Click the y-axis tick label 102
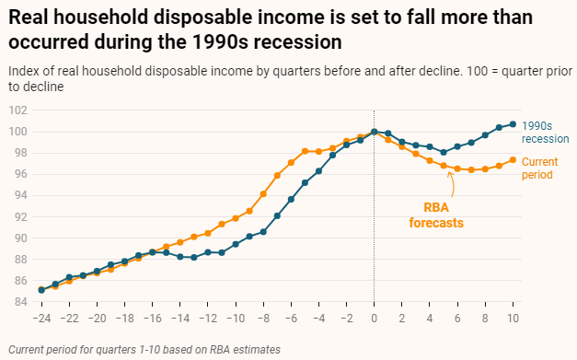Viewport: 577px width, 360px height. pyautogui.click(x=15, y=110)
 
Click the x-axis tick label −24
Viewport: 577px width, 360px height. pyautogui.click(x=40, y=318)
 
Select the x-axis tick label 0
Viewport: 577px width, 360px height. pyautogui.click(x=374, y=318)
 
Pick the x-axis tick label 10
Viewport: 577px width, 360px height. pyautogui.click(x=513, y=318)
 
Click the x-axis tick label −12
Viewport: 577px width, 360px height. pyautogui.click(x=207, y=318)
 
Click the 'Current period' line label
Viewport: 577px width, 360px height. pyautogui.click(x=539, y=168)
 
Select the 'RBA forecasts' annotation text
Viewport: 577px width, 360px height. pyautogui.click(x=435, y=215)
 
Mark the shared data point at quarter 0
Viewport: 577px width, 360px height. pyautogui.click(x=374, y=132)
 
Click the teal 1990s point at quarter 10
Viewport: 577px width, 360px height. pyautogui.click(x=513, y=124)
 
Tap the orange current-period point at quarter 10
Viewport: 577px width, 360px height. pyautogui.click(x=513, y=159)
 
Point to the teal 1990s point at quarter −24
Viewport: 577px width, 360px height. pyautogui.click(x=41, y=290)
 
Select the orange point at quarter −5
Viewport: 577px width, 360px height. pyautogui.click(x=305, y=151)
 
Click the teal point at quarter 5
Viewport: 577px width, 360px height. pyautogui.click(x=444, y=152)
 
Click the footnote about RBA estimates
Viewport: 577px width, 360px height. pyautogui.click(x=143, y=349)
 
